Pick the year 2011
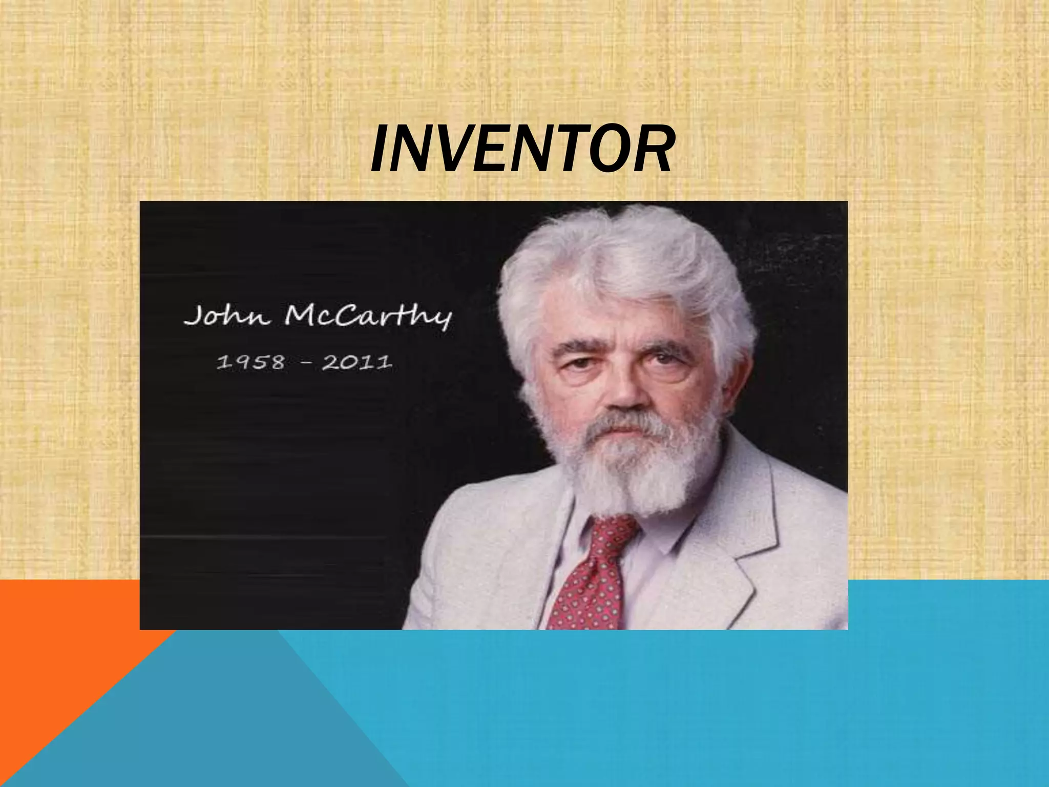click(357, 362)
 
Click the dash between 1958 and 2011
click(304, 363)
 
